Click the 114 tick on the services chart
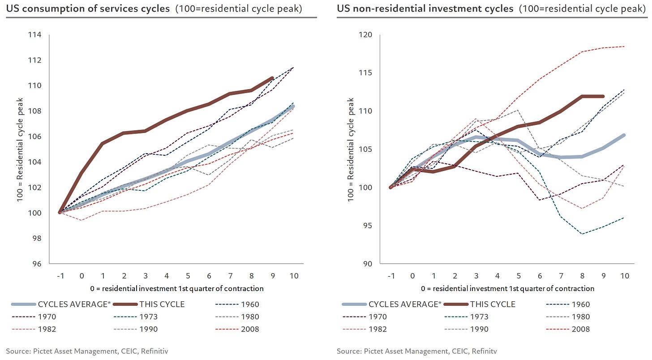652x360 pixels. click(x=35, y=35)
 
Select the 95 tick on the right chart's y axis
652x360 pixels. click(x=368, y=225)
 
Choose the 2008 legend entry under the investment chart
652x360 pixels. click(x=580, y=329)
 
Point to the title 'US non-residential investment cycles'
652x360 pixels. click(x=425, y=8)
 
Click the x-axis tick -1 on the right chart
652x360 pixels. click(x=391, y=276)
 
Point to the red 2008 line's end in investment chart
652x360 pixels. click(x=624, y=46)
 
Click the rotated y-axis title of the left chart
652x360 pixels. click(x=21, y=150)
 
